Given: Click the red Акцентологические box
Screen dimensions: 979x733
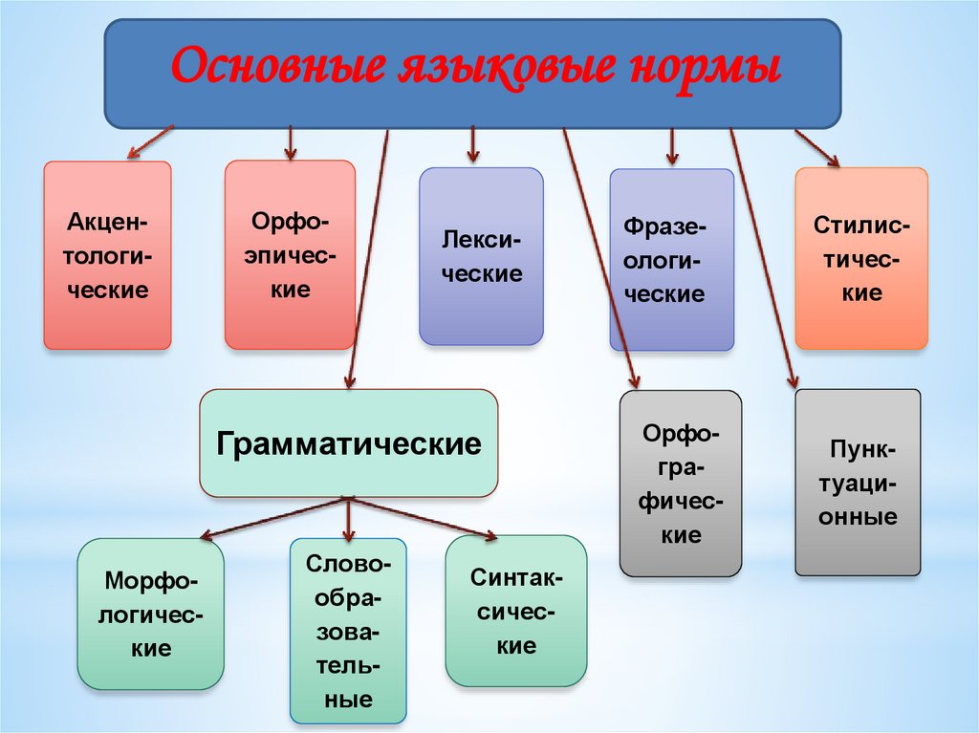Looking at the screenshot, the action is pos(107,255).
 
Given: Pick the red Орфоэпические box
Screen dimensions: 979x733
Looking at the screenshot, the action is pos(290,255).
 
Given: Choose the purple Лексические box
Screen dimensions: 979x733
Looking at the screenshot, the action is pos(481,256).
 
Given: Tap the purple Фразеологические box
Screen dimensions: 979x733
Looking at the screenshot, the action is pos(672,259).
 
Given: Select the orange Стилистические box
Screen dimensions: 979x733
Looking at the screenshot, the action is pos(861,258).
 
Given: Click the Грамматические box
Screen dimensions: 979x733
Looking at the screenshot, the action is pos(349,443).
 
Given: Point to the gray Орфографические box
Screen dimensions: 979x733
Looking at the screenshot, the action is pos(681,484).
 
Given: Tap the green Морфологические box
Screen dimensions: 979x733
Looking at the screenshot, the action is pos(151,614).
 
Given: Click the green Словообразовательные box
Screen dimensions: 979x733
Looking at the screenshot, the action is pos(348,631).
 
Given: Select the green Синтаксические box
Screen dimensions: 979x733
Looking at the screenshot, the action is pos(516,611).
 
